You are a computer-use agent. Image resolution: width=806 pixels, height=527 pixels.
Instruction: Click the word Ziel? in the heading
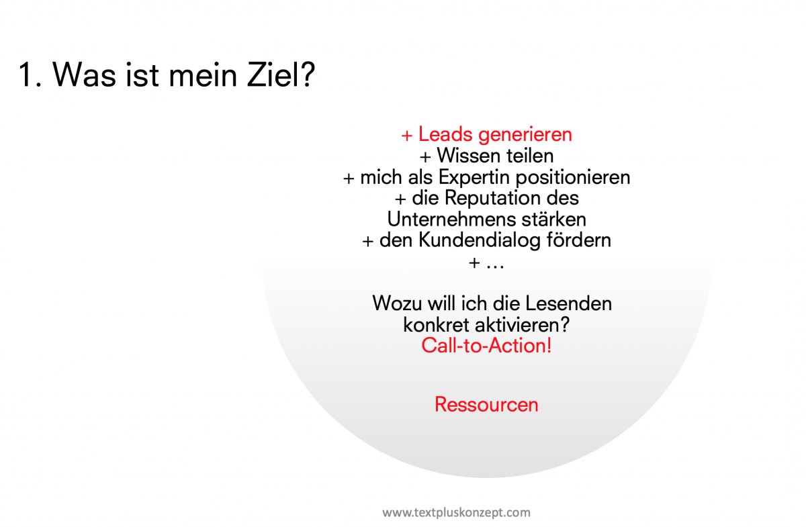(x=281, y=74)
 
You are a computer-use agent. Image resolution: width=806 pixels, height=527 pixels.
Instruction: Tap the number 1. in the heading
(x=31, y=75)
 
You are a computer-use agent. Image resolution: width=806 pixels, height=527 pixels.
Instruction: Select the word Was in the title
(x=85, y=75)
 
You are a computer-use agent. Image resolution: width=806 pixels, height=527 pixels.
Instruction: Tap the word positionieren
(x=573, y=178)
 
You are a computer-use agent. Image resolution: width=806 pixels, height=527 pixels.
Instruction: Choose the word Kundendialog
(x=480, y=240)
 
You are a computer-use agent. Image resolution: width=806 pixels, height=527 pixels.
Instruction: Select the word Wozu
(x=397, y=303)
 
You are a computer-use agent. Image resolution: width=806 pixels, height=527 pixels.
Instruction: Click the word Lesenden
(x=568, y=303)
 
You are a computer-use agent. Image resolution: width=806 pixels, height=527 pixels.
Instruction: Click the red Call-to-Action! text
(x=486, y=346)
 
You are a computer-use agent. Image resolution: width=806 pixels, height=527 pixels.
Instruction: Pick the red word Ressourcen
(x=486, y=404)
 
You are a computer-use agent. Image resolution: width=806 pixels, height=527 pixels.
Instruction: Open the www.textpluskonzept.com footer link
(x=456, y=513)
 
